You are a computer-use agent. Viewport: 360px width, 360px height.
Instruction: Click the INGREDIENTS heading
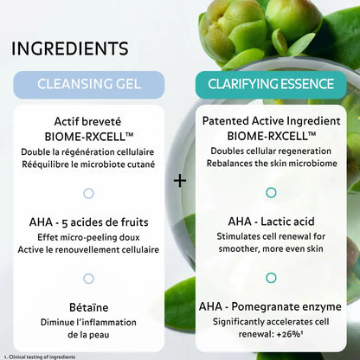point(70,47)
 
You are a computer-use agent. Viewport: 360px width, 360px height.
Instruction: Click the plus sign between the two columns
point(180,181)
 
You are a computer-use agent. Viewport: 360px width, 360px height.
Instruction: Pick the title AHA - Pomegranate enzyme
point(271,307)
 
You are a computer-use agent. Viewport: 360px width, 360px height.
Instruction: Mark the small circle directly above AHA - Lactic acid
point(271,192)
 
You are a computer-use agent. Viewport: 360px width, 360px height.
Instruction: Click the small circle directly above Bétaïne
point(89,278)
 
